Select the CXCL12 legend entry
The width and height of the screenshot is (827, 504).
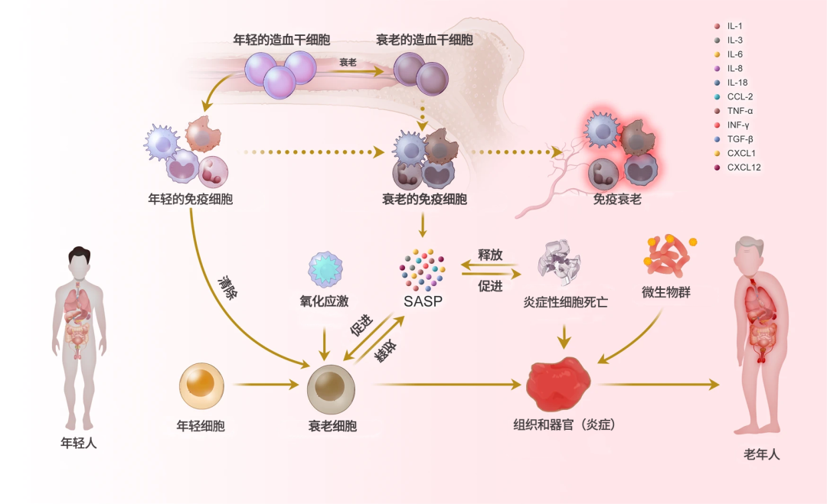[737, 167]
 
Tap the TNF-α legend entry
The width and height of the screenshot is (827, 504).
[734, 111]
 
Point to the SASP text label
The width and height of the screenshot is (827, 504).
[423, 301]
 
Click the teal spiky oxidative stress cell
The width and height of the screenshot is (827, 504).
[325, 269]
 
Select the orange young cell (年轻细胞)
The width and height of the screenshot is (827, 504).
[201, 385]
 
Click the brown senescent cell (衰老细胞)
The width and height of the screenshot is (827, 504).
[331, 389]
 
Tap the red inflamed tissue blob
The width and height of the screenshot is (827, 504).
[558, 384]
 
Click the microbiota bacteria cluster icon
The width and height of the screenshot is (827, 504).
[668, 255]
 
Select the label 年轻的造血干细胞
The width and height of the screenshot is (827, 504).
[282, 40]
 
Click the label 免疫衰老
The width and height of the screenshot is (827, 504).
[617, 199]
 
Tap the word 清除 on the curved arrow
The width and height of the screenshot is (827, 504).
[228, 287]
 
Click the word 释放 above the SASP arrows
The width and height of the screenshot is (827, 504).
[490, 255]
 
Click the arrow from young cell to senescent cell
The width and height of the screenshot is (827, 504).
[266, 385]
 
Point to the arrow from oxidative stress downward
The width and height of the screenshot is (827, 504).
[325, 343]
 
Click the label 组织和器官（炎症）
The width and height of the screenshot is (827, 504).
[564, 424]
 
